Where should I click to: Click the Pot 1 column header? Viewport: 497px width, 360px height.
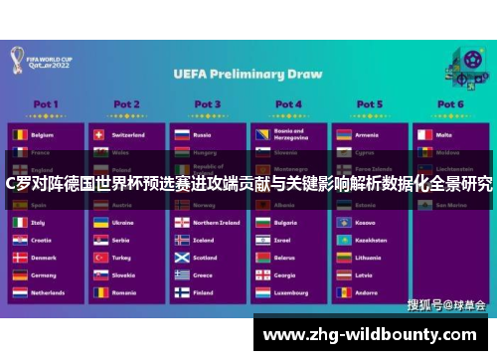(x=46, y=103)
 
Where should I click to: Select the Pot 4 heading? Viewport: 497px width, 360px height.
(x=288, y=103)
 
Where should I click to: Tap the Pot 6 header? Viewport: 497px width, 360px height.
(x=450, y=103)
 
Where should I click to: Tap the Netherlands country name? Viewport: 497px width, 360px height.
(x=49, y=293)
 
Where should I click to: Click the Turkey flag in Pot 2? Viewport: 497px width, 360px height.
(x=99, y=258)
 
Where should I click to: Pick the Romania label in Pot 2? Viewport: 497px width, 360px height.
(x=124, y=293)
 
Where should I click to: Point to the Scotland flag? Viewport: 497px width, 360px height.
(x=180, y=258)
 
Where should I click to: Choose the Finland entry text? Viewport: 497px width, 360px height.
(x=203, y=293)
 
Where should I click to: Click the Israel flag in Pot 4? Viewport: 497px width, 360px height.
(x=260, y=240)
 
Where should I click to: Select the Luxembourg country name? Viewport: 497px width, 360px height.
(x=292, y=293)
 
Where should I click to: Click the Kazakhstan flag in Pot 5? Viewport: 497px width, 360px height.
(x=342, y=240)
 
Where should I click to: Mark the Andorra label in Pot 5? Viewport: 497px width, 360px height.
(x=365, y=293)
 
